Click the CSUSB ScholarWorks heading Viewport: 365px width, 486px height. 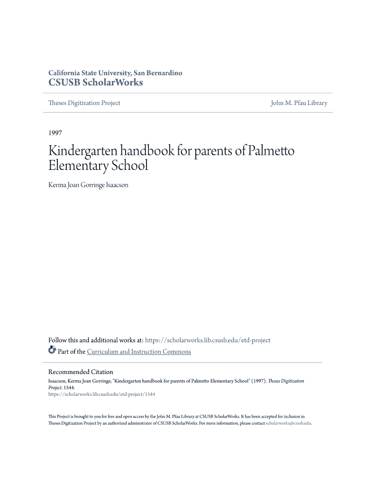coord(95,83)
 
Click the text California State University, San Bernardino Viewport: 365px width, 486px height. coord(115,73)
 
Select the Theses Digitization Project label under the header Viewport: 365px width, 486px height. coord(84,103)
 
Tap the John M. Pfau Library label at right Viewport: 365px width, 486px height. coord(299,103)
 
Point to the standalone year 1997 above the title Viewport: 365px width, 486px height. coord(55,133)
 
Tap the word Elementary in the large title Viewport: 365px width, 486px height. coord(78,166)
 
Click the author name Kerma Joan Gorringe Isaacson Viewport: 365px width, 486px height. coord(88,185)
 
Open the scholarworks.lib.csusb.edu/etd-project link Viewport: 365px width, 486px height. coord(208,340)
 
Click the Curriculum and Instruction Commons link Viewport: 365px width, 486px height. coord(139,352)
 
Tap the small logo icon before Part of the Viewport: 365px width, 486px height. coord(52,351)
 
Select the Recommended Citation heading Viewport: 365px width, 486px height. coord(81,372)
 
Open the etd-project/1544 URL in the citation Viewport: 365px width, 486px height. coord(101,394)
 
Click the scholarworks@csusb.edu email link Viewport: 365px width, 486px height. coord(288,423)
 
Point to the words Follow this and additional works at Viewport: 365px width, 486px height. coord(96,340)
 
